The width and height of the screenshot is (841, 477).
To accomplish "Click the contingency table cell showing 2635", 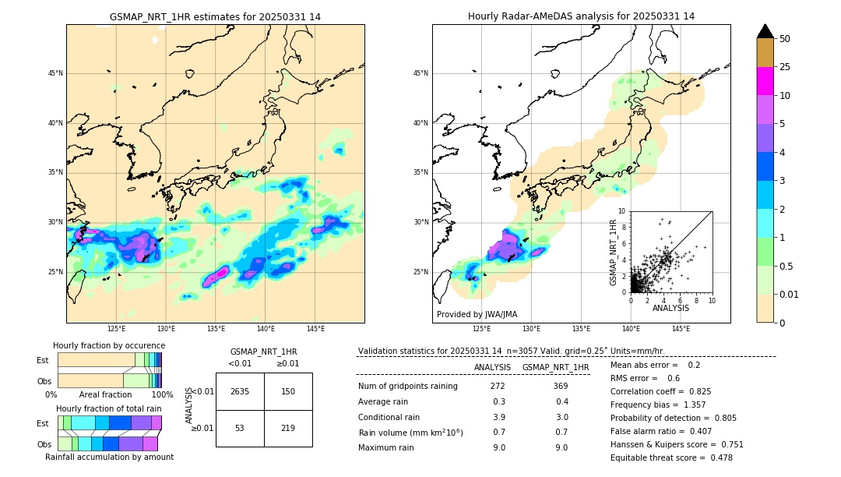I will click(x=240, y=391).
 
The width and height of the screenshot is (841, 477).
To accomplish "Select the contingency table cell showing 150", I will click(x=288, y=391).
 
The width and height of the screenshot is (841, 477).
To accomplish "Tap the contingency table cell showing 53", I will click(x=240, y=428).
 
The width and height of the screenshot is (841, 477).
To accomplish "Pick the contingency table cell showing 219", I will click(x=288, y=428).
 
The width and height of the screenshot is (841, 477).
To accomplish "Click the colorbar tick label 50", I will click(x=785, y=38).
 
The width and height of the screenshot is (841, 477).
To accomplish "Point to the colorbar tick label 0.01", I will click(x=790, y=294).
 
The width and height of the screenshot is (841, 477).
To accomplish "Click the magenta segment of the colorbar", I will click(x=765, y=81).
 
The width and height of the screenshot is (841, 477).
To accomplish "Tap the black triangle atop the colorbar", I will click(x=765, y=31).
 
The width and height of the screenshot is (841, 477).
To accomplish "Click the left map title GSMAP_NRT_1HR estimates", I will click(x=215, y=16).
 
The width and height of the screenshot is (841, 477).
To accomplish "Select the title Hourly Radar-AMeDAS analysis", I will click(x=581, y=16).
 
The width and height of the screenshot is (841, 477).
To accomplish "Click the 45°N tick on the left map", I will click(x=55, y=74).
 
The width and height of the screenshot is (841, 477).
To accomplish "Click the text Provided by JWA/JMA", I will click(x=477, y=315).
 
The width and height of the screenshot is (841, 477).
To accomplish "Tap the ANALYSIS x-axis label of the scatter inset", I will click(x=670, y=308).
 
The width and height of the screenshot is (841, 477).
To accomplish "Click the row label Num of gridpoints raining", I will click(x=407, y=387).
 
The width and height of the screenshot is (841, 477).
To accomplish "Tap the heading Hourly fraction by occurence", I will click(x=109, y=345).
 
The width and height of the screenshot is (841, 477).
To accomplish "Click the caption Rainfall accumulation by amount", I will click(x=109, y=457).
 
